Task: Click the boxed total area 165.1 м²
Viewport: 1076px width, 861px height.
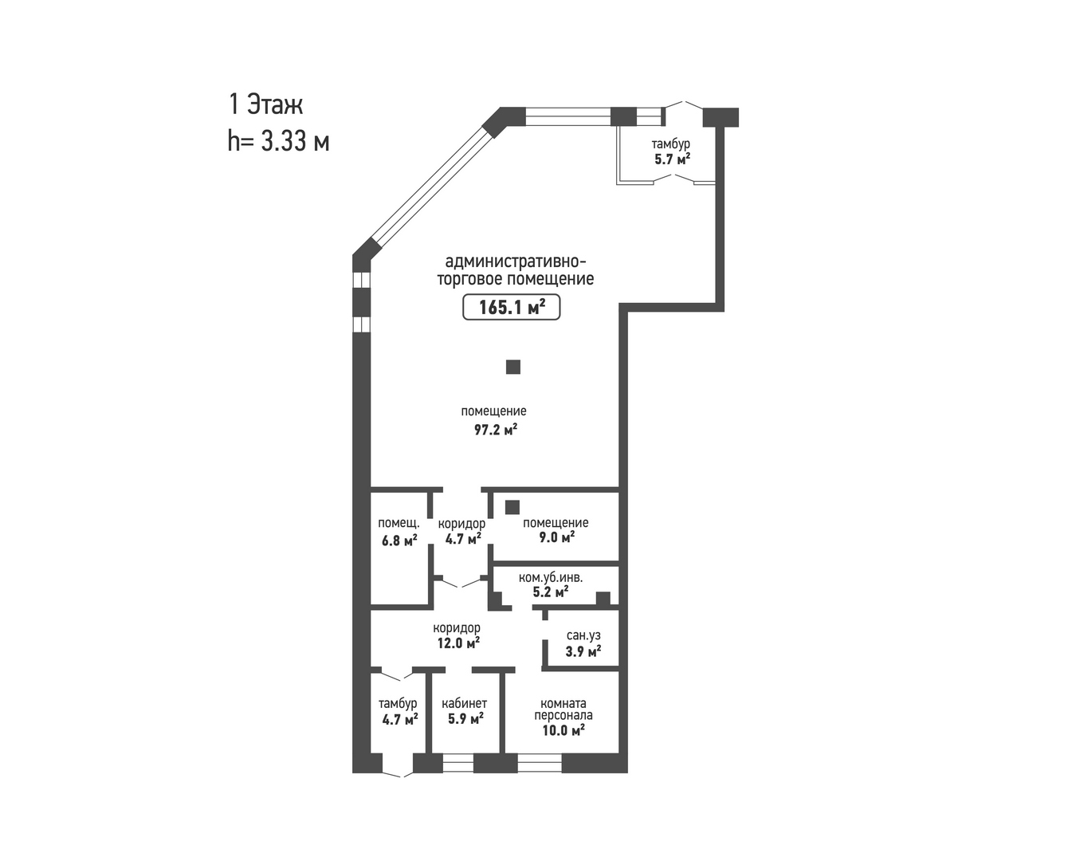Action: click(x=512, y=307)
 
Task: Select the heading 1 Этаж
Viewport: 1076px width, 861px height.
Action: click(x=266, y=104)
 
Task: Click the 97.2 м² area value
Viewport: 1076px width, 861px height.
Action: click(x=496, y=429)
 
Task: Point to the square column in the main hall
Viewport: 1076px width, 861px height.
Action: click(x=513, y=367)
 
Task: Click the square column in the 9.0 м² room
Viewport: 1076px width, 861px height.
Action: click(x=512, y=507)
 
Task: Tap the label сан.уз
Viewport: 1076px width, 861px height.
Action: click(x=583, y=635)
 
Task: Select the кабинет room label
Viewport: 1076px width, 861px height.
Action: click(x=464, y=703)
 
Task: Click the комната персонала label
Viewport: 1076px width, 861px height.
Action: click(x=564, y=710)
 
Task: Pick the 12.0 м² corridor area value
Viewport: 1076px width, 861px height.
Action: click(x=458, y=643)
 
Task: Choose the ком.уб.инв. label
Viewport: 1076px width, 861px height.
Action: click(x=551, y=578)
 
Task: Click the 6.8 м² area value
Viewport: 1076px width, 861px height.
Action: click(x=399, y=541)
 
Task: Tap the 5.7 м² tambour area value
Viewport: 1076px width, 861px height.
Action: click(x=673, y=159)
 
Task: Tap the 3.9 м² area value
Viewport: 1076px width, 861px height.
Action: click(x=583, y=651)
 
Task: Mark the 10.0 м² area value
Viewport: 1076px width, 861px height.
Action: click(x=564, y=731)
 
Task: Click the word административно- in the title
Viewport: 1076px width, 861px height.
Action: click(x=516, y=261)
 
